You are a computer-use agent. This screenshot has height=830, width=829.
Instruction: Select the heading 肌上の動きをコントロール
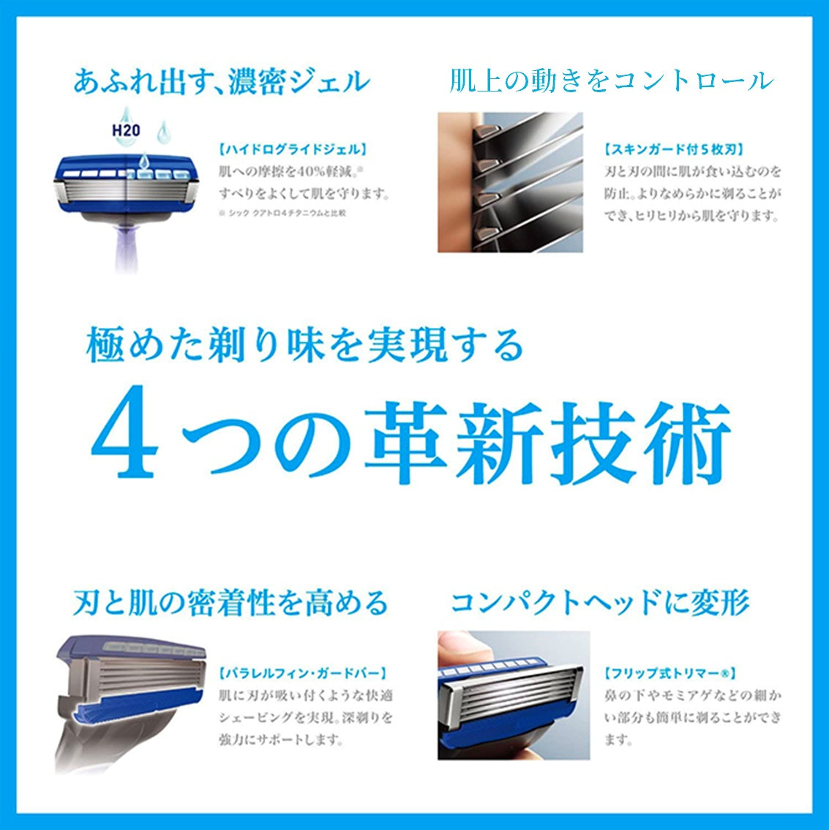click(x=611, y=81)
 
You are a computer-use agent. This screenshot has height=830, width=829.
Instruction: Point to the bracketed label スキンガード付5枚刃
click(x=674, y=149)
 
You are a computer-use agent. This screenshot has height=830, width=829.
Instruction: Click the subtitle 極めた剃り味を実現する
click(x=304, y=345)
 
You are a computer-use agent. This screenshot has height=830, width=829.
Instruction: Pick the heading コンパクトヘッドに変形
click(x=600, y=603)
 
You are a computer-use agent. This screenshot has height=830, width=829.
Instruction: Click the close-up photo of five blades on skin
click(x=510, y=182)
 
